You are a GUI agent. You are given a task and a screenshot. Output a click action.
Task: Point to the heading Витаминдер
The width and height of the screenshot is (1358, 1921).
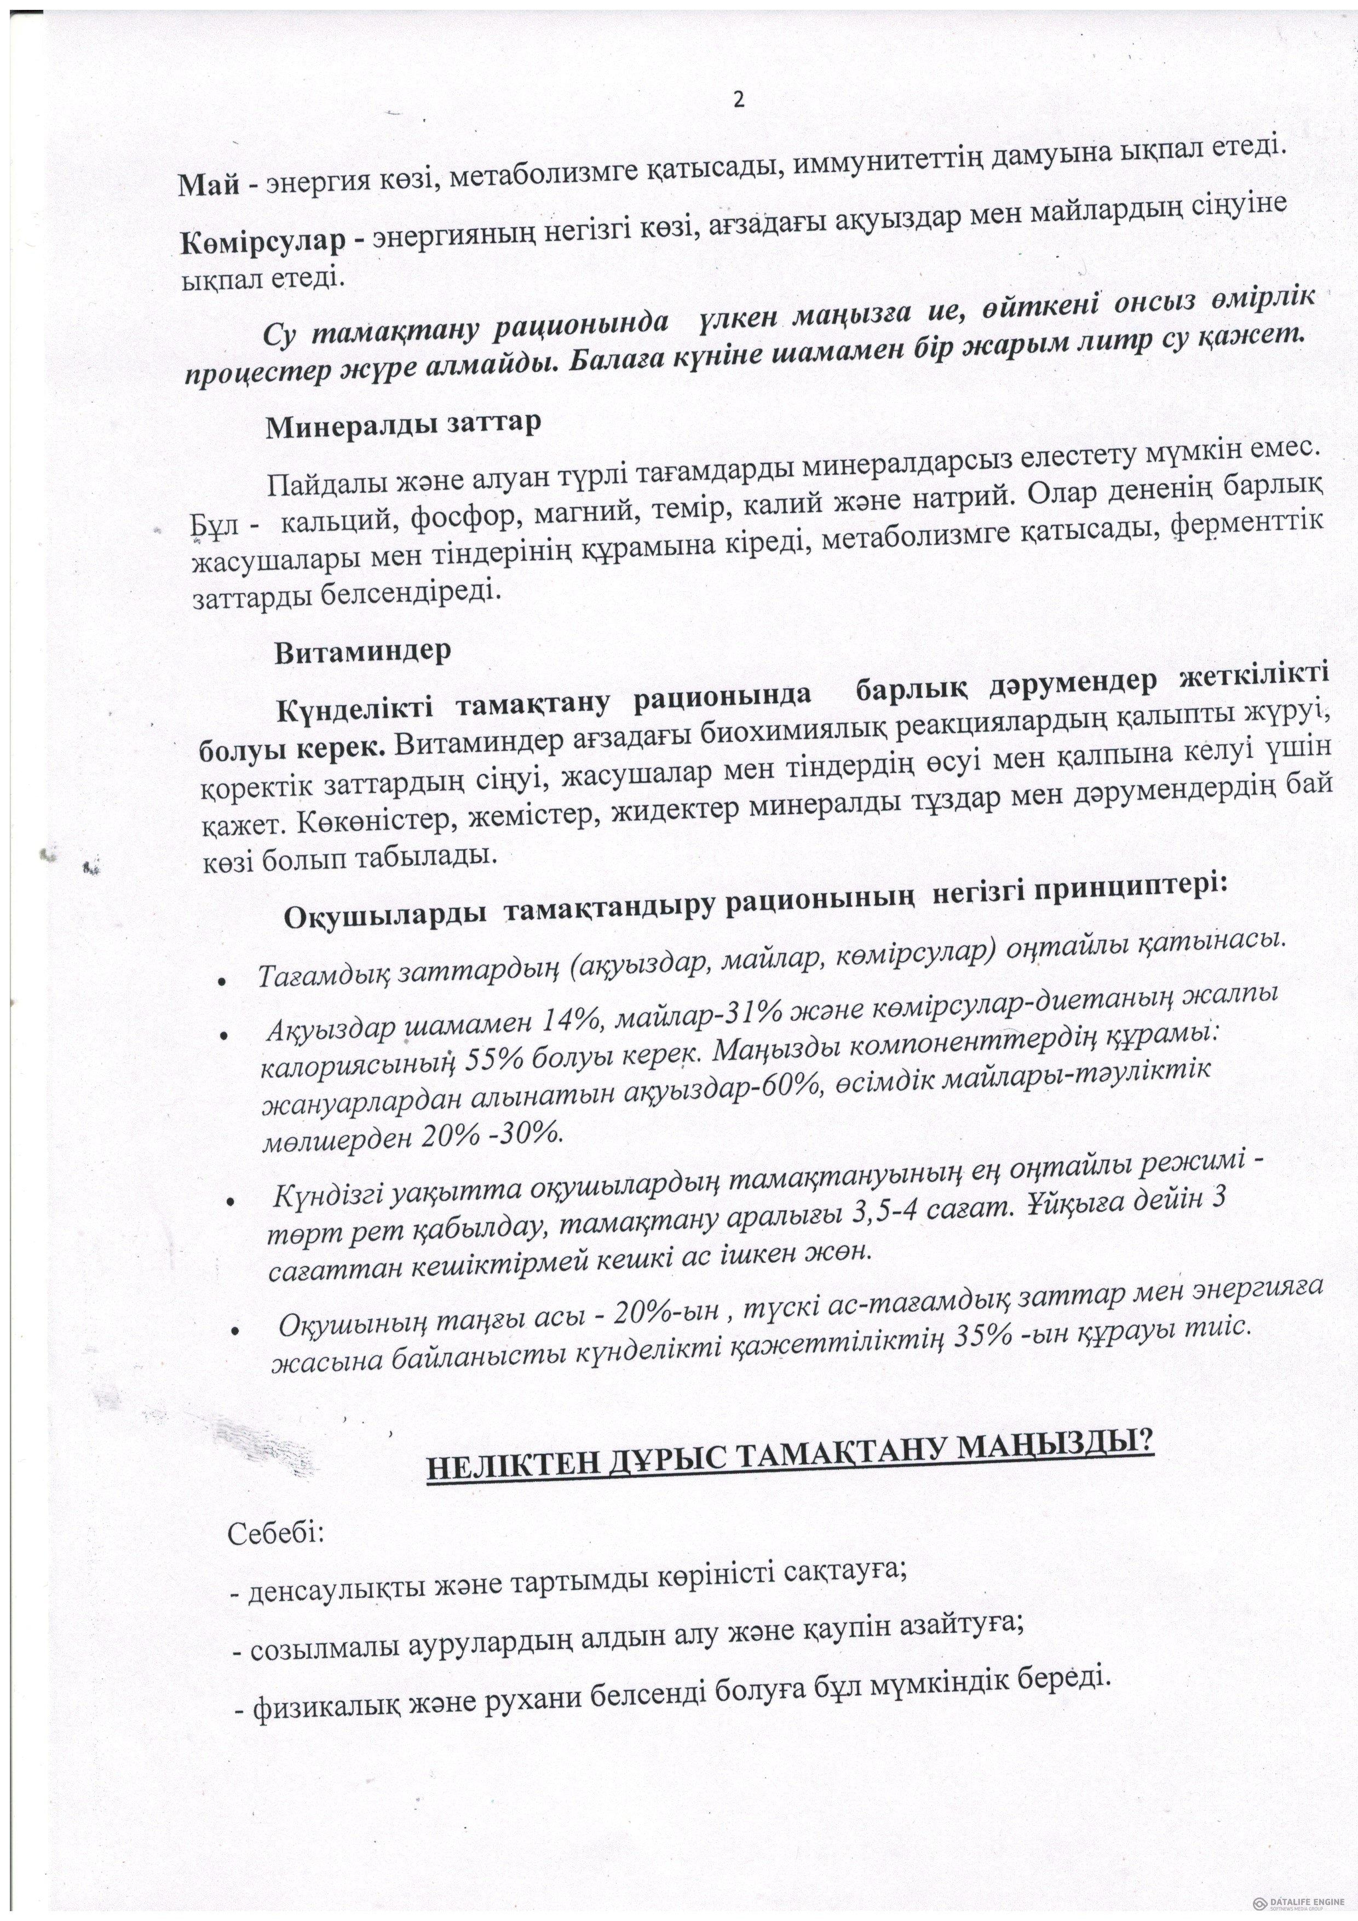(x=363, y=652)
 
